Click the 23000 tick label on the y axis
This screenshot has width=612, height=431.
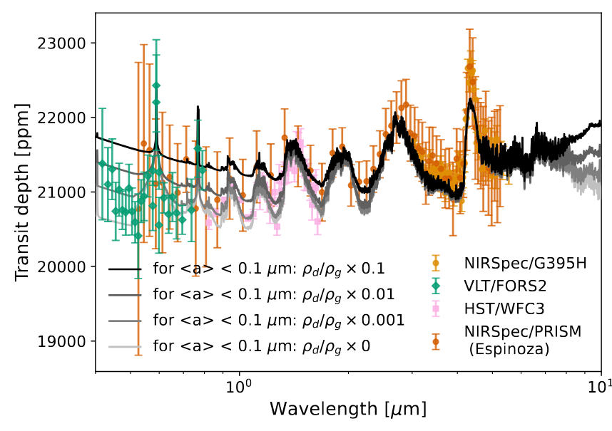click(65, 43)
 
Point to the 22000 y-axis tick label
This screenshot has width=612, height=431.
click(65, 118)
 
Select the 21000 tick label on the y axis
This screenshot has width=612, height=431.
click(65, 192)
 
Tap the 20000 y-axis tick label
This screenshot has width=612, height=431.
click(65, 266)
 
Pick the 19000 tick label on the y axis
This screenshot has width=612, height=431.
click(65, 341)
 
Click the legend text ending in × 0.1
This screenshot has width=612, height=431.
click(269, 269)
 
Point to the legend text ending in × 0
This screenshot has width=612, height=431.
click(261, 347)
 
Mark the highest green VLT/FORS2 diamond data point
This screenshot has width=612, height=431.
click(156, 85)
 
